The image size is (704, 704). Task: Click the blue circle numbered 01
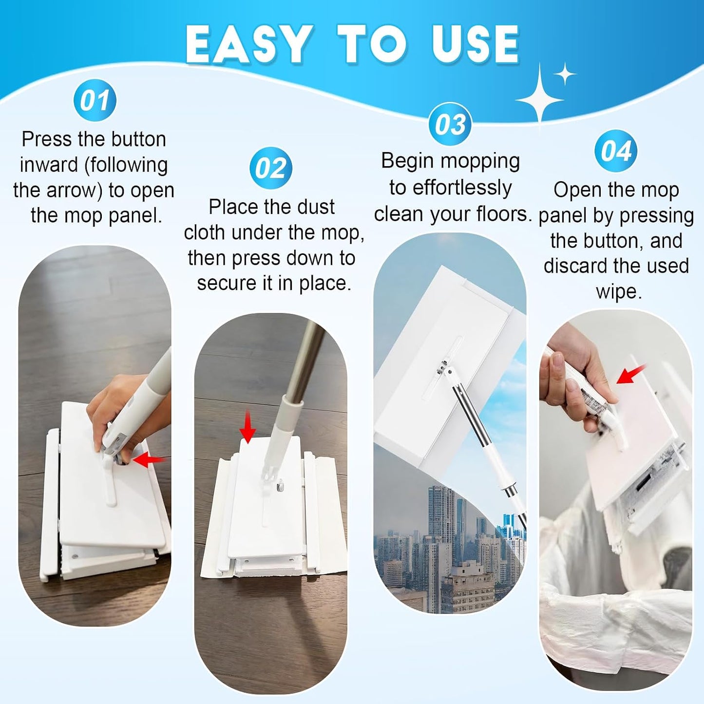[95, 100]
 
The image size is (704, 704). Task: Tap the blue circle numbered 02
[271, 169]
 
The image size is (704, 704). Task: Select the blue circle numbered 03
[450, 124]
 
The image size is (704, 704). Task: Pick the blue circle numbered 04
[616, 151]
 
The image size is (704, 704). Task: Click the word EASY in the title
[249, 44]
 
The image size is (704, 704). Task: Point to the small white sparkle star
[565, 74]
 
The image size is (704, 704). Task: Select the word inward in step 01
[50, 164]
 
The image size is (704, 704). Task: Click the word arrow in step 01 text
[75, 190]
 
